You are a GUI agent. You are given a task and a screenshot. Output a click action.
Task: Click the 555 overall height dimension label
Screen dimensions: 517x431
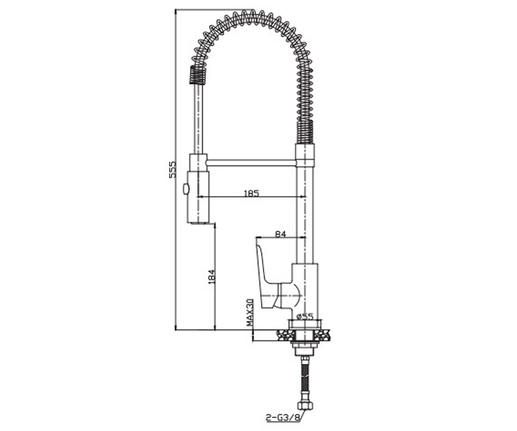(x=172, y=170)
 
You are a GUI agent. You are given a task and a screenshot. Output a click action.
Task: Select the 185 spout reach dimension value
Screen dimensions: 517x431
(x=251, y=193)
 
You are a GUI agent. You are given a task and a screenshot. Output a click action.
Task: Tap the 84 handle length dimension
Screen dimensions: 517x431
(x=280, y=234)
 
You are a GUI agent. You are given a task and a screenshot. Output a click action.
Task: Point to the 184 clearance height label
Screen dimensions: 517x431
(x=212, y=276)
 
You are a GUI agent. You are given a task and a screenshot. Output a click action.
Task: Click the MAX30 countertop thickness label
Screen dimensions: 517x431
(x=250, y=312)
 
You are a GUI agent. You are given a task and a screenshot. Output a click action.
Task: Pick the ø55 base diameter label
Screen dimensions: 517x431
(x=305, y=316)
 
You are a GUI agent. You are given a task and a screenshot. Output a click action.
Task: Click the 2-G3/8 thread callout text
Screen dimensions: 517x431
(x=283, y=418)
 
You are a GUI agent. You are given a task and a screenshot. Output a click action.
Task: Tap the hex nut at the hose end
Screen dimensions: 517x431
(x=305, y=406)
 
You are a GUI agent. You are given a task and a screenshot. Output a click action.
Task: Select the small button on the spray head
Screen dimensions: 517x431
(x=186, y=189)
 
